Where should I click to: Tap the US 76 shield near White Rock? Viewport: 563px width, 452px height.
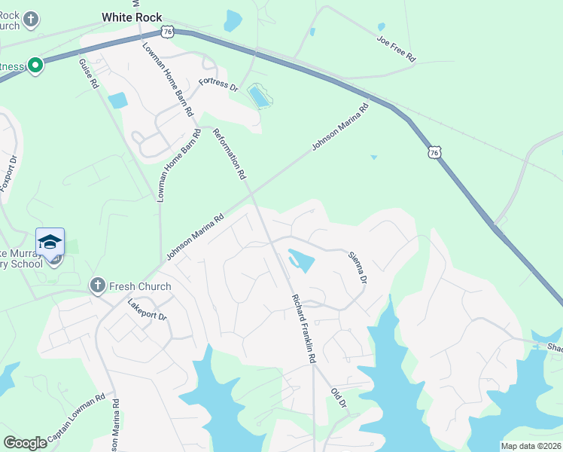[167, 32]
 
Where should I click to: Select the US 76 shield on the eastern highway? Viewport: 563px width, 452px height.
[434, 151]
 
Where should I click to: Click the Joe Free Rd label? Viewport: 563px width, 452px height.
[397, 47]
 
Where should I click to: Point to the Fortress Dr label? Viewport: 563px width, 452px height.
[218, 84]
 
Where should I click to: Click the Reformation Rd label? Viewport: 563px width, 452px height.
[230, 154]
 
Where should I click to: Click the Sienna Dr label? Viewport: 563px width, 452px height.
[357, 267]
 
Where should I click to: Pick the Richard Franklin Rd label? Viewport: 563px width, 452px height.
[303, 328]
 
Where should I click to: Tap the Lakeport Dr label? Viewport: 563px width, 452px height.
[147, 310]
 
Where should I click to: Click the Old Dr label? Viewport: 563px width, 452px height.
[338, 398]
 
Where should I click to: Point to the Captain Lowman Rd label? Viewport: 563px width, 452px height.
[75, 420]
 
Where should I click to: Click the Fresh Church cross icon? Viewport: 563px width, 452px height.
[97, 286]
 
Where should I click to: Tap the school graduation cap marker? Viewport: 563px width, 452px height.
[50, 243]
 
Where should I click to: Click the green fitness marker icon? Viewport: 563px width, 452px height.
[35, 66]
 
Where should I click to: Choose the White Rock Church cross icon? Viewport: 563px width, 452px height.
[31, 19]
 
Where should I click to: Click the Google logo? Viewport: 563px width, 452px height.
[25, 442]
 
